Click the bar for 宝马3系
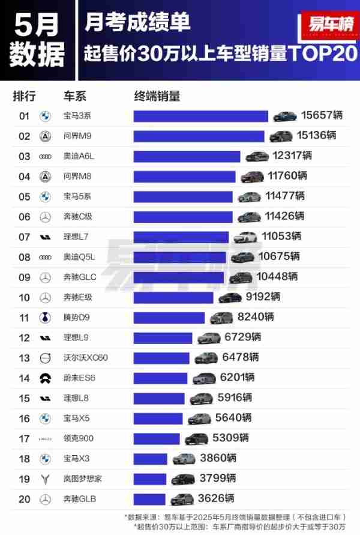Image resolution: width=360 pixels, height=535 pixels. tap(200, 116)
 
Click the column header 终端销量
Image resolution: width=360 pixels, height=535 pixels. tap(157, 96)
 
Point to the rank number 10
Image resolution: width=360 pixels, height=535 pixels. tap(25, 297)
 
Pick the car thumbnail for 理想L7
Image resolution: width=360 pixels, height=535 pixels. tap(245, 237)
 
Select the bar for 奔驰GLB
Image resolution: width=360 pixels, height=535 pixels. tap(149, 499)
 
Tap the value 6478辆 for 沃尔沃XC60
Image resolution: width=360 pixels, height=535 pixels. tap(240, 357)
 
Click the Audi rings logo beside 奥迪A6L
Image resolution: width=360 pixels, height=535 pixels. tap(45, 156)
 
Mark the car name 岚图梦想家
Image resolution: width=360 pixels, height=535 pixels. tap(83, 479)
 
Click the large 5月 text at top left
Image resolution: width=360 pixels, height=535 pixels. tap(37, 24)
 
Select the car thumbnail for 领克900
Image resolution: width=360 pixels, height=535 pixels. tap(196, 438)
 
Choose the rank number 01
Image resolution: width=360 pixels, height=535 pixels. tap(25, 116)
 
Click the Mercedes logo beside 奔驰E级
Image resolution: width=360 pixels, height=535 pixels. tap(45, 297)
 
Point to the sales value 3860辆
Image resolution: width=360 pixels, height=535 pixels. tap(218, 458)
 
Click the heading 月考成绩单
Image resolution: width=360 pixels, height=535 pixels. tap(137, 22)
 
